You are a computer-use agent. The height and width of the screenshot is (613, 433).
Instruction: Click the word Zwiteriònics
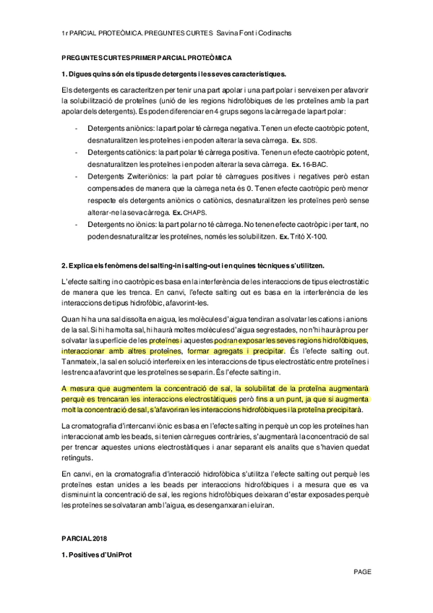coord(145,177)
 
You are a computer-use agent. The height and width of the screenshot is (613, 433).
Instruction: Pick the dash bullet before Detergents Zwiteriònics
coord(77,177)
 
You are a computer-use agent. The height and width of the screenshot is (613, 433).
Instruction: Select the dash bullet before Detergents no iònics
coord(77,225)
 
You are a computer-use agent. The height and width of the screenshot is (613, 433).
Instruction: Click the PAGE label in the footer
coord(362,571)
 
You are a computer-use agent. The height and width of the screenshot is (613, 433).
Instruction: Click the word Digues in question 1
coord(80,74)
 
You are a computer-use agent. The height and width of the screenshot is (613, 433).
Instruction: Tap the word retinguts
coord(79,458)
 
